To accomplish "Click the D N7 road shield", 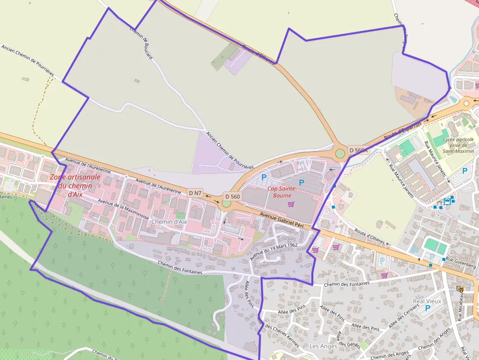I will [x=196, y=193].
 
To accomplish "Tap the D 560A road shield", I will [x=358, y=150].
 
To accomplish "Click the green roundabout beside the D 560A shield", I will [x=340, y=154].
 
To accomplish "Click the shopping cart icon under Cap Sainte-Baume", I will [x=291, y=204].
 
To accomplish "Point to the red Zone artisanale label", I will [x=75, y=185].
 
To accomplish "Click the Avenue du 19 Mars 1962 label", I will [x=274, y=251].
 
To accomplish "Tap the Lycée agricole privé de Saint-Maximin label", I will [x=458, y=145].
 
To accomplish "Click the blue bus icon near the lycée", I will [x=447, y=201].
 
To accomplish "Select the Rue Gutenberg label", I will [x=462, y=265].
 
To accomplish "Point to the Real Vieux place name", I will [x=427, y=301].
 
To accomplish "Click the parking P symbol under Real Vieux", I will [x=428, y=308].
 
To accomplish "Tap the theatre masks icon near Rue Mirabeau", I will [x=460, y=289].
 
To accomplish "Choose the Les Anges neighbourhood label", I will [x=323, y=346].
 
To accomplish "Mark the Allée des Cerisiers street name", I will [x=400, y=317].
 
